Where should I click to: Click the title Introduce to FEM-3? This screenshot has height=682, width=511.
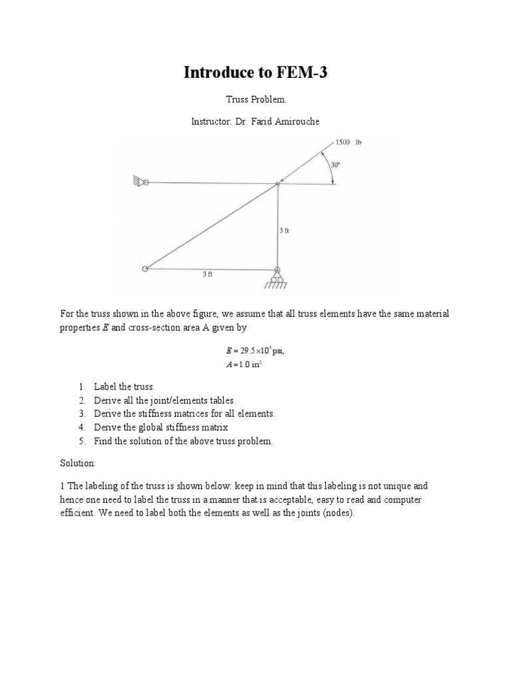(255, 73)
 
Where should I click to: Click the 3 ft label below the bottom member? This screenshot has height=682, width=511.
(207, 274)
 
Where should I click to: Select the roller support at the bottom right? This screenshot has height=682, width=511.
(277, 275)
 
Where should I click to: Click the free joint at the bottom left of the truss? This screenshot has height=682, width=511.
(144, 268)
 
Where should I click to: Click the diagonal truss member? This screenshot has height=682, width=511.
(212, 226)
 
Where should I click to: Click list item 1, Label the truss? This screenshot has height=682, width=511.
(124, 386)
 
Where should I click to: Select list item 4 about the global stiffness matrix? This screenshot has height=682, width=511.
(165, 428)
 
